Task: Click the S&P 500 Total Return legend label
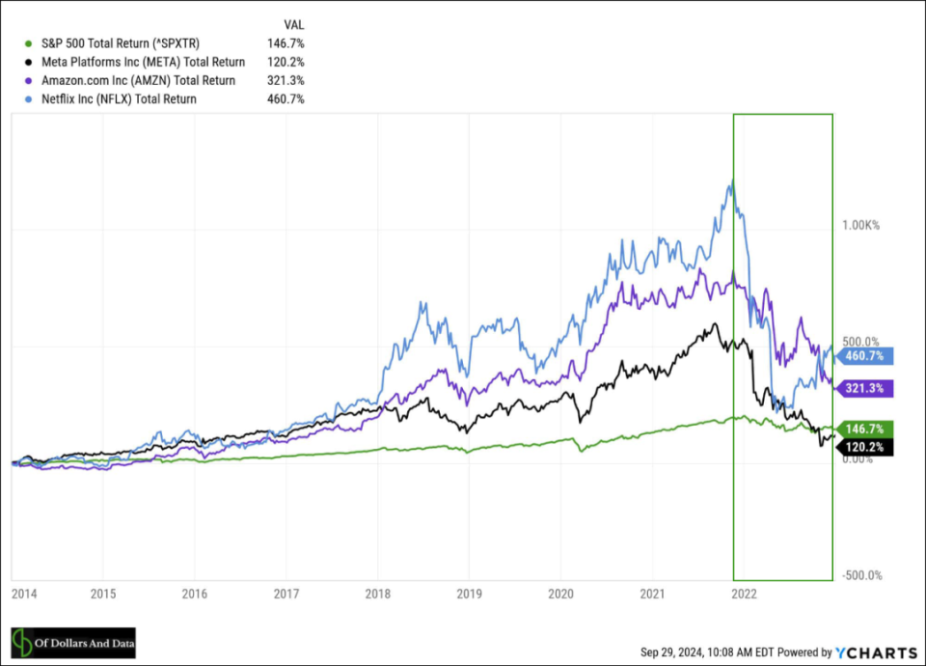tap(121, 43)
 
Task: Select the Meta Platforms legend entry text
tap(143, 62)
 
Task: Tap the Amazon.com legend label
tap(138, 80)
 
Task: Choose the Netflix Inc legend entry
tap(119, 98)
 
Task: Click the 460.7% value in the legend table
tap(286, 98)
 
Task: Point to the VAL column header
tap(293, 25)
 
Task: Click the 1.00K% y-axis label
tap(860, 225)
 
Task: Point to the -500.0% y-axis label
tap(862, 575)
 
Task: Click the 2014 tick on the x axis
tap(24, 594)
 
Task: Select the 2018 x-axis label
tap(378, 594)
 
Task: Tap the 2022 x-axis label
tap(744, 594)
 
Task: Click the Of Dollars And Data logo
tap(73, 643)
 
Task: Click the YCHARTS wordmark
tap(877, 652)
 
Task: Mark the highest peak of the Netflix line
tap(733, 180)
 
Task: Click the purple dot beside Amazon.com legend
tap(28, 80)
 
